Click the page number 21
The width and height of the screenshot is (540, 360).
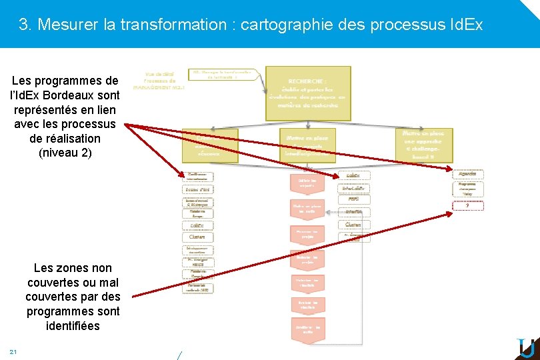pyautogui.click(x=13, y=351)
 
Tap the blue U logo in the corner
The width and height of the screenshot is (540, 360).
pyautogui.click(x=526, y=349)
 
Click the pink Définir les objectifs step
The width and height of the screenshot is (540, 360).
pyautogui.click(x=307, y=182)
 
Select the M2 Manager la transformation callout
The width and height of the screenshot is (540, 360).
pyautogui.click(x=224, y=74)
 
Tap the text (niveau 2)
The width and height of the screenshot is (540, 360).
pyautogui.click(x=65, y=153)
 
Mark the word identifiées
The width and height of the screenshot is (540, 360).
pyautogui.click(x=73, y=326)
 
